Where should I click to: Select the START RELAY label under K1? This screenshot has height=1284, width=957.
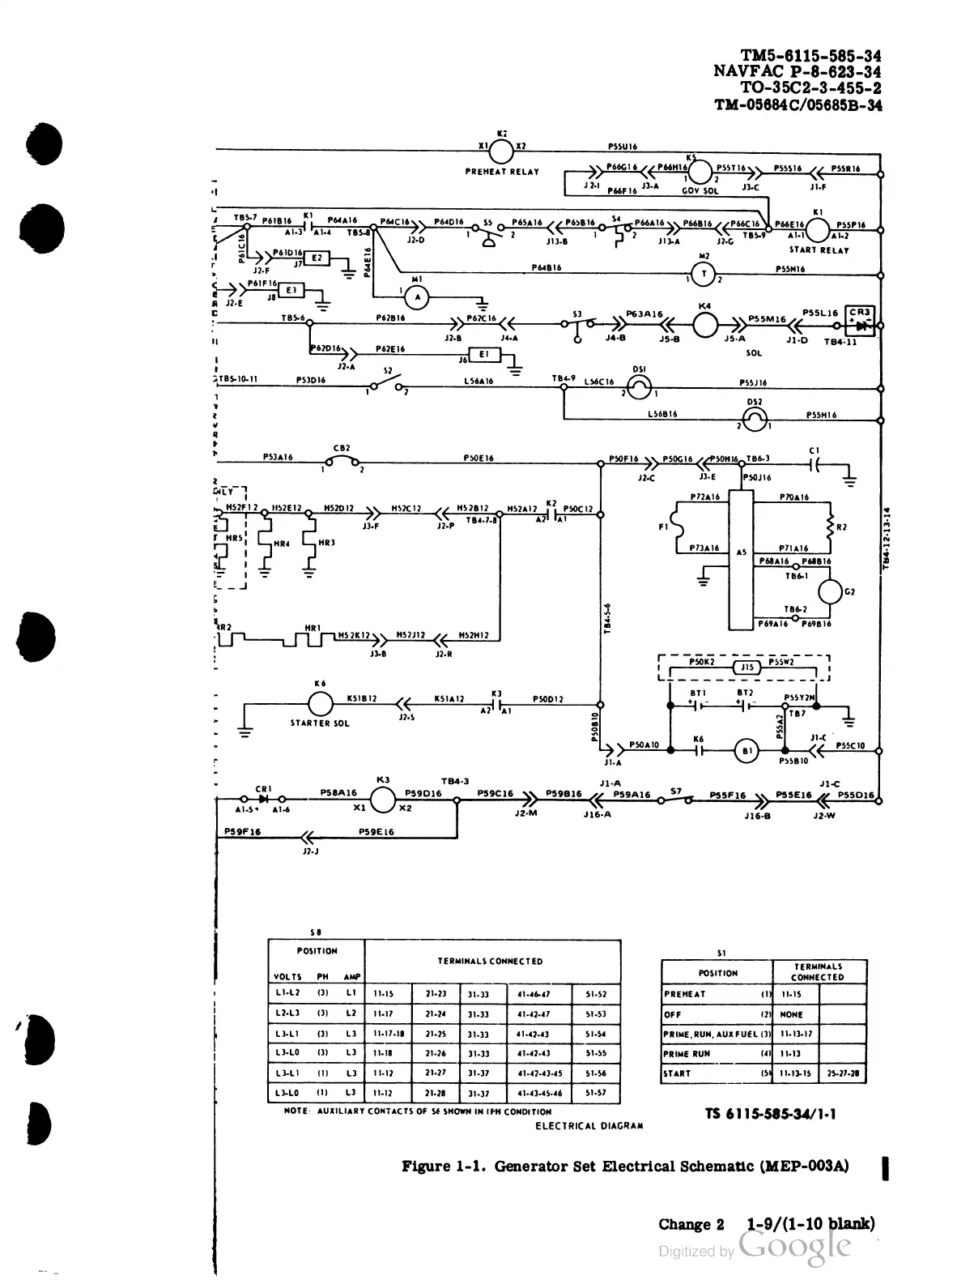(819, 250)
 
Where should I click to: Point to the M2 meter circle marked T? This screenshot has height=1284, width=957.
(704, 275)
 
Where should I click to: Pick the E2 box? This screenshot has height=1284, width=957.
(317, 258)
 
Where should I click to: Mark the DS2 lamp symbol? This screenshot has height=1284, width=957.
(755, 418)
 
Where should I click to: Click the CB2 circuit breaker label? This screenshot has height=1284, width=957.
(341, 448)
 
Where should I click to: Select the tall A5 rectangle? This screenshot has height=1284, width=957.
(742, 559)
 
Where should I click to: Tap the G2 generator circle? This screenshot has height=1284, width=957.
(831, 592)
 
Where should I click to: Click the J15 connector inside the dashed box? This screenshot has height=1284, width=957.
(747, 668)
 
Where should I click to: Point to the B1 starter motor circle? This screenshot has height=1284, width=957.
(746, 751)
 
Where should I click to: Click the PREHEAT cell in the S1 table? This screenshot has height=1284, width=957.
(685, 994)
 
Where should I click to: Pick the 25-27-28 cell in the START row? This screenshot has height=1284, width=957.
(843, 1073)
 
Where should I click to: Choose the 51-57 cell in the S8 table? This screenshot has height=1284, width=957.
(596, 1093)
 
